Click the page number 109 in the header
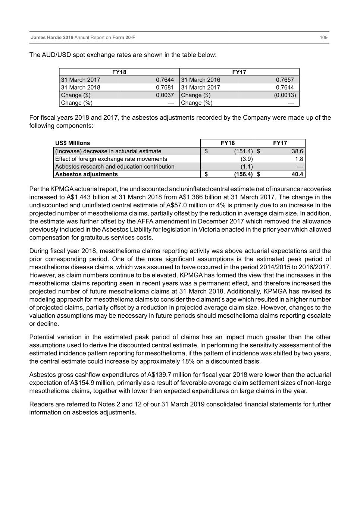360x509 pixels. point(323,38)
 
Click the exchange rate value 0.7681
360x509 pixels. point(165,87)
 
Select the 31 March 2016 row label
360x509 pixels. point(201,80)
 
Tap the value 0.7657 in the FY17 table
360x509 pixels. point(285,80)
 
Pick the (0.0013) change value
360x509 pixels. point(285,95)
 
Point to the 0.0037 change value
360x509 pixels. point(165,95)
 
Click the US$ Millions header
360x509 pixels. point(72,143)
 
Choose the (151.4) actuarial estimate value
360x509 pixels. point(243,151)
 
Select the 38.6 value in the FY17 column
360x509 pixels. point(297,151)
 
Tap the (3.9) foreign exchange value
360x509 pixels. point(246,159)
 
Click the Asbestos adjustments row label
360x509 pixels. point(86,174)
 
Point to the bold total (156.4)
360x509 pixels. point(243,174)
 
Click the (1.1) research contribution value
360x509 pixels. point(246,167)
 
